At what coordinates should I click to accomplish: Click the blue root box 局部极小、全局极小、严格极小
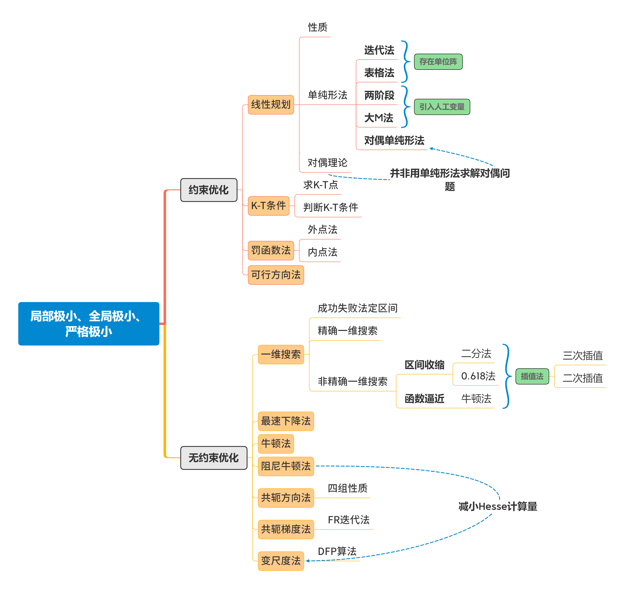coord(89,324)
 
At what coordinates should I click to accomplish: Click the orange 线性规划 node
coord(271,105)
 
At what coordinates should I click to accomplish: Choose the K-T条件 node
coord(268,206)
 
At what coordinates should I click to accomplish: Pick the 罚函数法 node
coord(271,250)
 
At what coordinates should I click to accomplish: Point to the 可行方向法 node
coord(276,275)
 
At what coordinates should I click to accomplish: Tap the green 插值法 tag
coord(532,376)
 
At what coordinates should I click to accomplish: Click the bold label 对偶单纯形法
coord(394,140)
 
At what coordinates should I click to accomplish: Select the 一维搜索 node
coord(281,354)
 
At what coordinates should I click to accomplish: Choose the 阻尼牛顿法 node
coord(286,466)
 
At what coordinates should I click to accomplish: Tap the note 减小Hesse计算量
coord(497,506)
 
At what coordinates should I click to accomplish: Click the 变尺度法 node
coord(281,561)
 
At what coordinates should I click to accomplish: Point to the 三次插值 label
coord(583,356)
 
